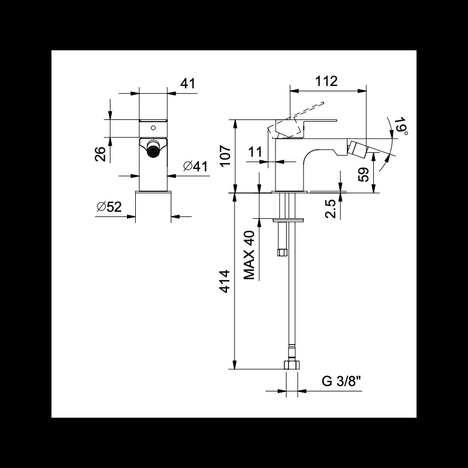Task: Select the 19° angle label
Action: pyautogui.click(x=400, y=127)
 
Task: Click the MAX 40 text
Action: pyautogui.click(x=250, y=255)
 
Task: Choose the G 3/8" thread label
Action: pyautogui.click(x=341, y=382)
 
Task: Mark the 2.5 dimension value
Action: pyautogui.click(x=331, y=209)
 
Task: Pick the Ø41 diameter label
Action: pyautogui.click(x=195, y=166)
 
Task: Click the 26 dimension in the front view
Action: pyautogui.click(x=100, y=153)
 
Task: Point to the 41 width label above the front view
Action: pyautogui.click(x=187, y=84)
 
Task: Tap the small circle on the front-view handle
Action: pyautogui.click(x=153, y=127)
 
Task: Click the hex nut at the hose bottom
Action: pyautogui.click(x=291, y=364)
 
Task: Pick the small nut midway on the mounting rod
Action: pyautogui.click(x=283, y=253)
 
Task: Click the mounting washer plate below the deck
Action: pyautogui.click(x=288, y=220)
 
